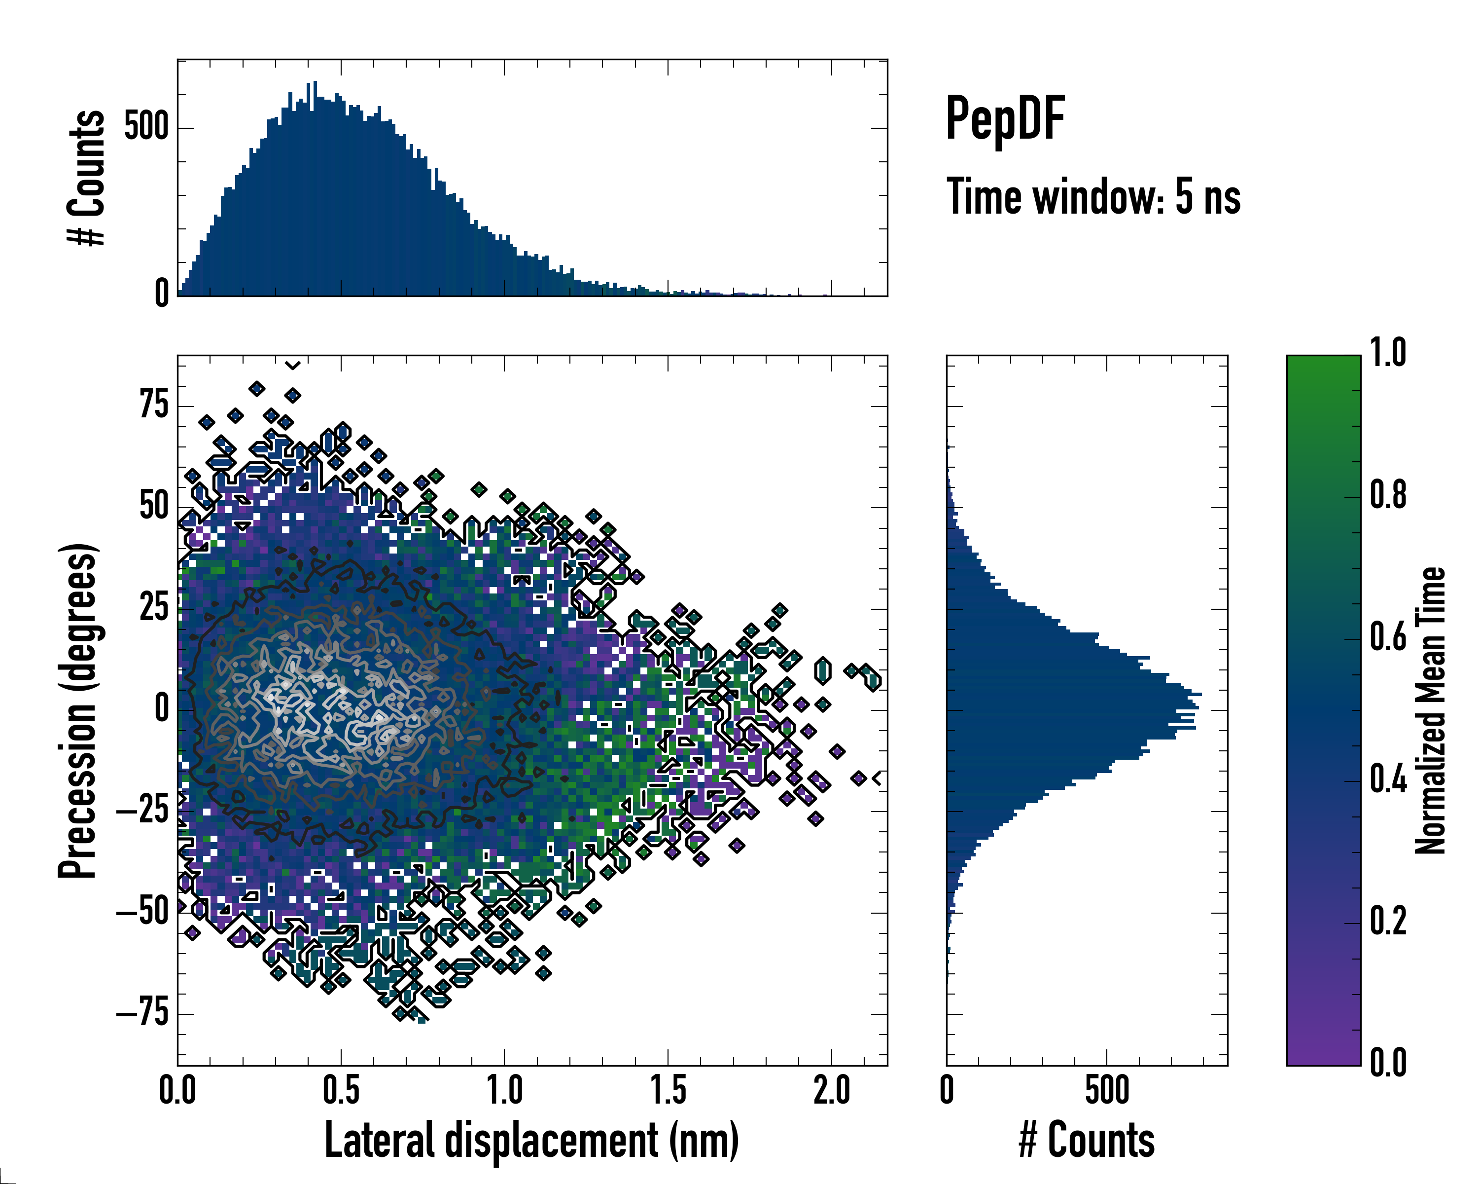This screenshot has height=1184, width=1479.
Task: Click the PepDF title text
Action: (x=1004, y=119)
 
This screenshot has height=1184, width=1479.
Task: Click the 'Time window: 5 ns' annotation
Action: (x=1093, y=197)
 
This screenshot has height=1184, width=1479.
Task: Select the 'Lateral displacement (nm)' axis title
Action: (x=531, y=1141)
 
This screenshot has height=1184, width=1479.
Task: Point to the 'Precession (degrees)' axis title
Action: (x=77, y=710)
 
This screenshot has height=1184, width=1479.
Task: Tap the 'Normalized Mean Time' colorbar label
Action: (x=1430, y=710)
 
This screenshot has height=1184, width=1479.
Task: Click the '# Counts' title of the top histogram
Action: (x=86, y=178)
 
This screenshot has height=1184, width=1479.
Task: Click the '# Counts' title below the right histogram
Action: (x=1087, y=1141)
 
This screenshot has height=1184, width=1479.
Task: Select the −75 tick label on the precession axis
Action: (x=142, y=1013)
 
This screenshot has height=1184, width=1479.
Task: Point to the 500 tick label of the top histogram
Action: (x=146, y=128)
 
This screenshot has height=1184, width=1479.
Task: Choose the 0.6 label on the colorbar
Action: (x=1388, y=638)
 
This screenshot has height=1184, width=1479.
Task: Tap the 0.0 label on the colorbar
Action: (x=1388, y=1063)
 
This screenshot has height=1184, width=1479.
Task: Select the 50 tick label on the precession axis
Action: (x=154, y=507)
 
